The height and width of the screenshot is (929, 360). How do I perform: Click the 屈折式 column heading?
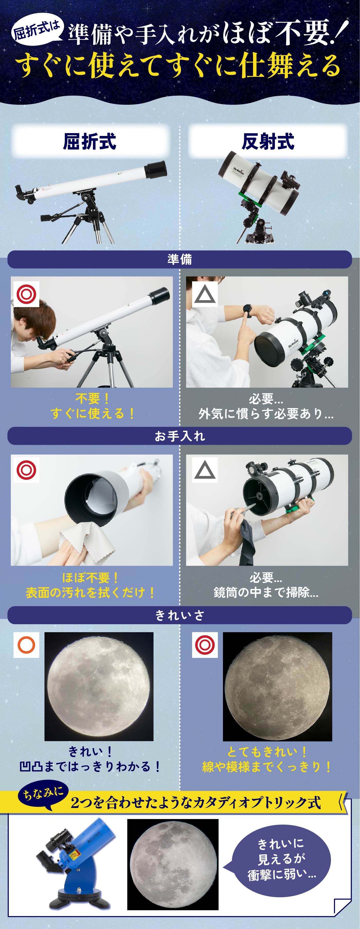[x=90, y=141]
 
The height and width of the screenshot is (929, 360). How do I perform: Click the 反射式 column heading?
[x=268, y=141]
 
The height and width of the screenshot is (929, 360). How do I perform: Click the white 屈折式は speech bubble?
[x=36, y=30]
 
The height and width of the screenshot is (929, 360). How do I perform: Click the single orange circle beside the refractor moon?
[x=26, y=645]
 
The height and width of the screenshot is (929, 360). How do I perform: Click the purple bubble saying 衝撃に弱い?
[x=281, y=860]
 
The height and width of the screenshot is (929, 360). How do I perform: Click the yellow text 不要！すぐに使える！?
[x=92, y=406]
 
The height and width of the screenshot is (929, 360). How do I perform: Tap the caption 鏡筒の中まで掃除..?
[x=266, y=592]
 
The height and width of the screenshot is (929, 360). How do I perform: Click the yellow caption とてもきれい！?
[x=266, y=752]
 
